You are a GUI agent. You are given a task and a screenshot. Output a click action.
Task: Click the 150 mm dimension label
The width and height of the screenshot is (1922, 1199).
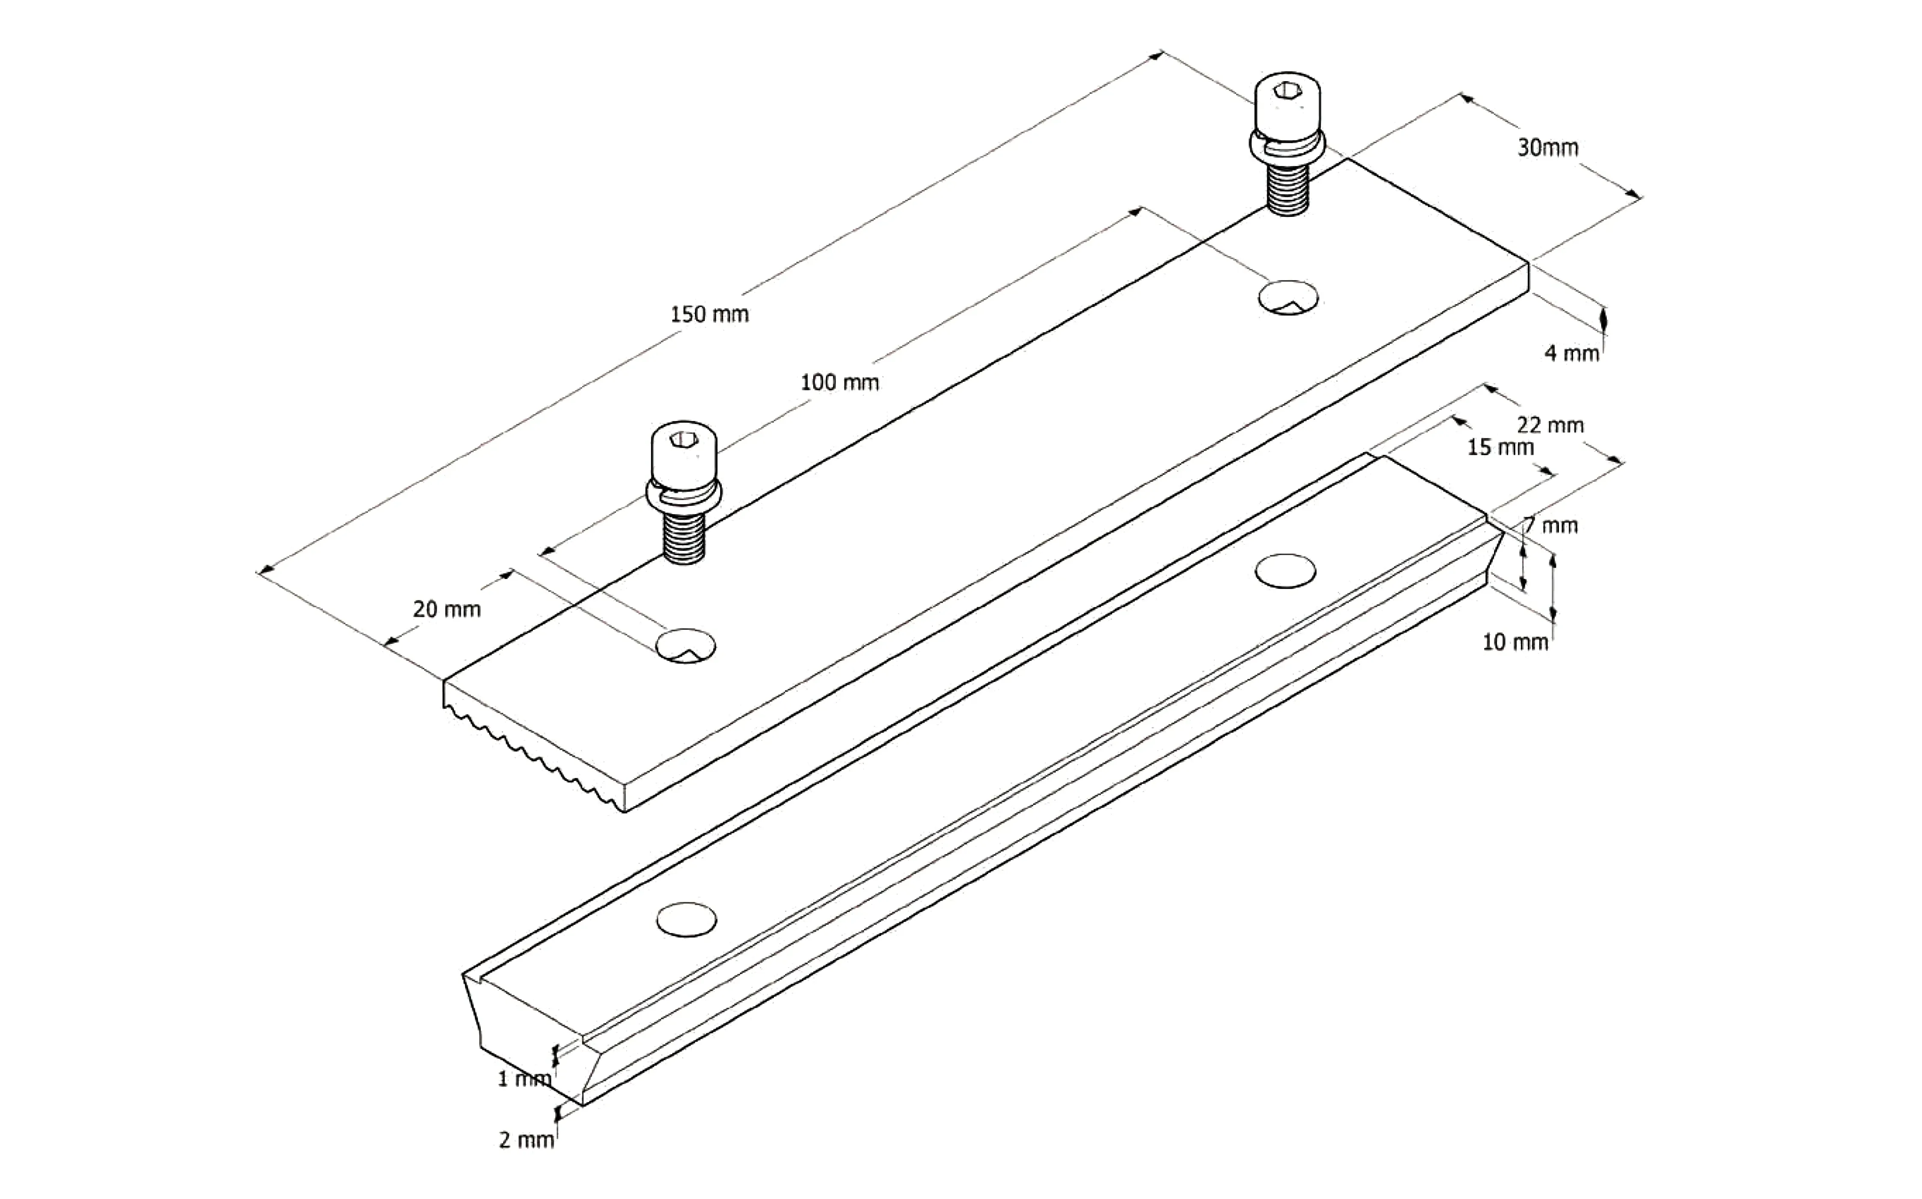709,314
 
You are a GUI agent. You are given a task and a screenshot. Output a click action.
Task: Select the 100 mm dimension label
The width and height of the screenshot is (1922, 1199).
839,382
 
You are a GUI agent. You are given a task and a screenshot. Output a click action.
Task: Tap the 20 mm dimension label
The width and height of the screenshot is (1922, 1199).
447,609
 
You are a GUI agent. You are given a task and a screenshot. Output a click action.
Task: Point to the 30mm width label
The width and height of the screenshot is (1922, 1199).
1547,147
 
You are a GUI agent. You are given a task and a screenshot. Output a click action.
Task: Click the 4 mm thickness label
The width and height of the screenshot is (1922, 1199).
1571,353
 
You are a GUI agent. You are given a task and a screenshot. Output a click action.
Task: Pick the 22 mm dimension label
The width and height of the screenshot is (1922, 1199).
1550,425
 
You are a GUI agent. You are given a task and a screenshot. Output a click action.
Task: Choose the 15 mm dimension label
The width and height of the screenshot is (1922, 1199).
1500,447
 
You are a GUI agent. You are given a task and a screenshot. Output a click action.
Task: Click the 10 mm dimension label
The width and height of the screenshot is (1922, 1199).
1515,641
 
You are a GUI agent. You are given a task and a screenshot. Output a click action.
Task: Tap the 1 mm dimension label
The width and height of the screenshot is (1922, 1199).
524,1079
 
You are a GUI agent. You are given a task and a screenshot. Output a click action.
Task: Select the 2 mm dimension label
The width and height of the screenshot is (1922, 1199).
526,1140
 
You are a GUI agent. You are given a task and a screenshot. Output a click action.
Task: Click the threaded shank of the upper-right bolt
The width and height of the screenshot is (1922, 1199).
1286,192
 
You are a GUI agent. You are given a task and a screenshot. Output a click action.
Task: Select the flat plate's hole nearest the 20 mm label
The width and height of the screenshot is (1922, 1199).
686,646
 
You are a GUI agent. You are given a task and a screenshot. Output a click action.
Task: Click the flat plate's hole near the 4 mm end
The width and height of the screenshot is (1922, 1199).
1288,297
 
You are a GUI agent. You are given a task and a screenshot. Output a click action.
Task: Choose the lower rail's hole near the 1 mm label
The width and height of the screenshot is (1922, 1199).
687,919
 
